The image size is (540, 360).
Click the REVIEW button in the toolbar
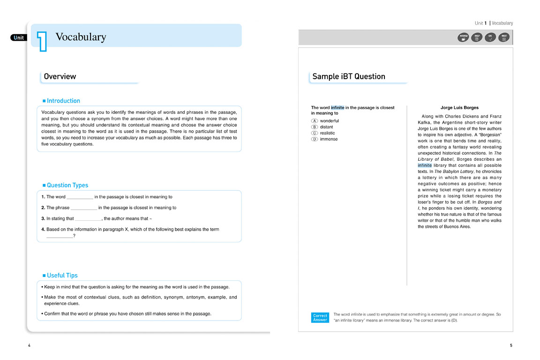pos(463,37)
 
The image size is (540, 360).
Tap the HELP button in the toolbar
pos(477,37)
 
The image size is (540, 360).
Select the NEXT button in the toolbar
pos(504,37)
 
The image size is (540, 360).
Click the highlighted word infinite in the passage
pos(425,165)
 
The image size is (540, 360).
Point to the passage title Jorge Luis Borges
pos(459,108)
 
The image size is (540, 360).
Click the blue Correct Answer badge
pos(320,318)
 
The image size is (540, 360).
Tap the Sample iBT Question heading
pos(349,76)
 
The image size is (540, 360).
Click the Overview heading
pos(60,76)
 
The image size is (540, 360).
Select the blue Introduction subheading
pos(63,101)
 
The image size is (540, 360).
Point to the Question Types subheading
pos(67,185)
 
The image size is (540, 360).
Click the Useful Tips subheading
pos(62,276)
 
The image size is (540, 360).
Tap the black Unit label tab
pos(19,38)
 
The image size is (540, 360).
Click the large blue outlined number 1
pos(42,40)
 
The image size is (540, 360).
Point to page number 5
pos(511,345)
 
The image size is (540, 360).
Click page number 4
pos(29,345)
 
